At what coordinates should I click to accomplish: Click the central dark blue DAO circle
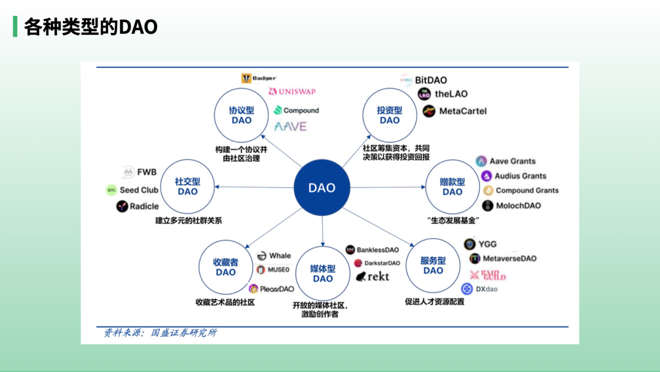[321, 188]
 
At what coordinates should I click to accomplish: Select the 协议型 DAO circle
[241, 115]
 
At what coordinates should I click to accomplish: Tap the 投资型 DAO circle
[389, 115]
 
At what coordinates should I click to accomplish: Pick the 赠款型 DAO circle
[452, 187]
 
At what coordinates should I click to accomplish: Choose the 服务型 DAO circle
[433, 266]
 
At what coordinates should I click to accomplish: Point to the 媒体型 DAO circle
[323, 273]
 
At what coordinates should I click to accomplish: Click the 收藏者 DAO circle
[226, 267]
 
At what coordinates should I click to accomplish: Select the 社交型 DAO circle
[188, 187]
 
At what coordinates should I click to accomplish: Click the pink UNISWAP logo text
[292, 92]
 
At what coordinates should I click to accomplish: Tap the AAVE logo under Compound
[290, 127]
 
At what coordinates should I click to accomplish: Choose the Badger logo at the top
[258, 78]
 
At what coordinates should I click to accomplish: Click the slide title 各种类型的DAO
[90, 26]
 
